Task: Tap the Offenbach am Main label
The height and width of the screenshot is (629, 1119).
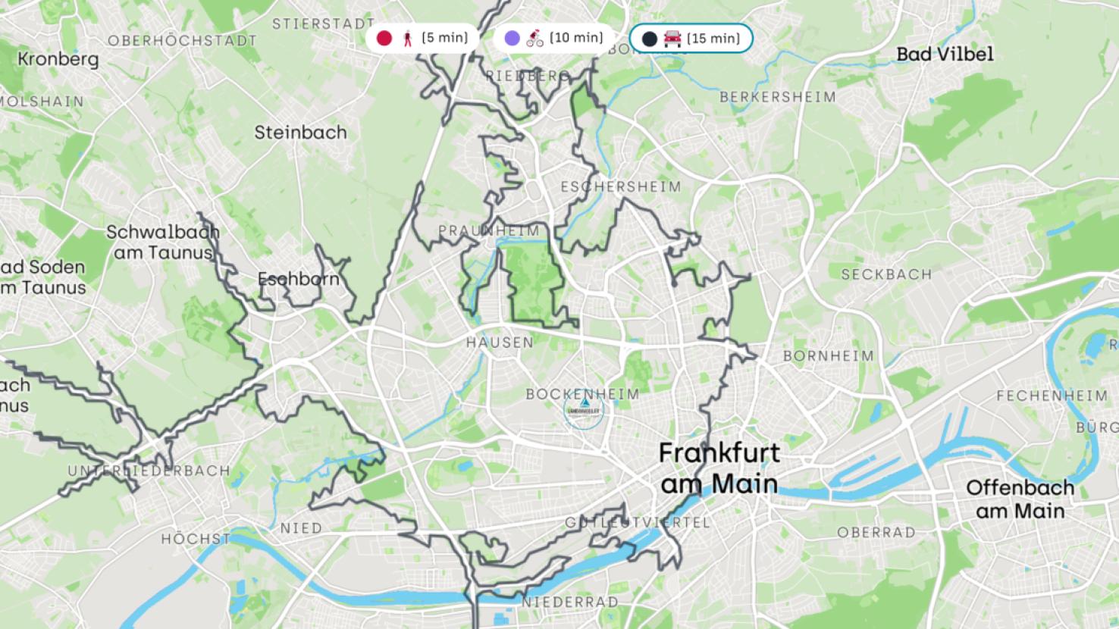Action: tap(1020, 499)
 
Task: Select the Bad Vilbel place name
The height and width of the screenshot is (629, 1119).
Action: tap(944, 54)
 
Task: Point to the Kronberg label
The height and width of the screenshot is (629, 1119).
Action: tap(58, 59)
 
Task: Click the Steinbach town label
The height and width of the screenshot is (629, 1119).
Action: tap(300, 133)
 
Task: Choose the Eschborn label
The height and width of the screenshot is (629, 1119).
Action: tap(298, 279)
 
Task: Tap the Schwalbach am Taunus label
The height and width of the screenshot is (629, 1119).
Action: tap(163, 243)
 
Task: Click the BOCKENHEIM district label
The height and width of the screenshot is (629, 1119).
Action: tap(582, 394)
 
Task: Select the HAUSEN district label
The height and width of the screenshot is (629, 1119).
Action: tap(500, 343)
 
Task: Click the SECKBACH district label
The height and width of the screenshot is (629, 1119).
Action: tap(886, 274)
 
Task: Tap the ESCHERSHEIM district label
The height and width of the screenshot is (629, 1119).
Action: tap(621, 186)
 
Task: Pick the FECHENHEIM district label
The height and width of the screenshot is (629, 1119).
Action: tap(1052, 396)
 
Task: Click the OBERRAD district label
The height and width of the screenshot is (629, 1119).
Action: tap(876, 533)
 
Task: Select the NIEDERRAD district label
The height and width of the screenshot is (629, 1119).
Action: tap(569, 602)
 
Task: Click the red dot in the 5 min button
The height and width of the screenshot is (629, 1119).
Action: tap(384, 38)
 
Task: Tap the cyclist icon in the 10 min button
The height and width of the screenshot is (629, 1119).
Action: tap(535, 38)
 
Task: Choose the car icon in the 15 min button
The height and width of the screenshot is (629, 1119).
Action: tap(672, 38)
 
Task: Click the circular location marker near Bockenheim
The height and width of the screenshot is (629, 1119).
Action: tap(583, 410)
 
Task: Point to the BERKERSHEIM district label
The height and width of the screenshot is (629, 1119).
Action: tap(777, 97)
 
